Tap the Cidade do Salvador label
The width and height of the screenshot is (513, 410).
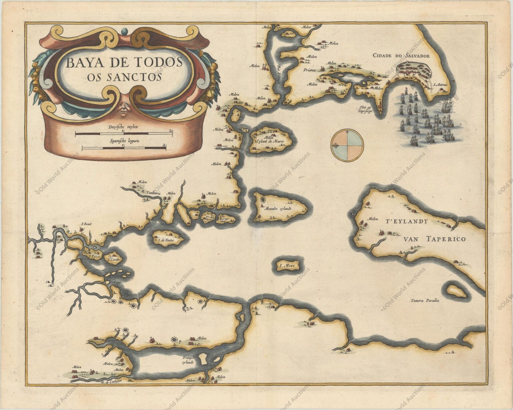(401, 56)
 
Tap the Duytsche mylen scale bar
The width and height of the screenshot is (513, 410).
(124, 133)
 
